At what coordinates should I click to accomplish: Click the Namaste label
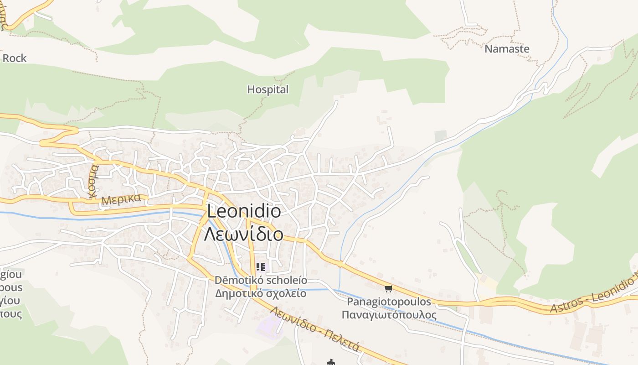pyautogui.click(x=507, y=49)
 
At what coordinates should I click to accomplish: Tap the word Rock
pyautogui.click(x=15, y=58)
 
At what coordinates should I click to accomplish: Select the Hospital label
pyautogui.click(x=268, y=89)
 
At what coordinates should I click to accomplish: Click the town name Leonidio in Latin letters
pyautogui.click(x=244, y=211)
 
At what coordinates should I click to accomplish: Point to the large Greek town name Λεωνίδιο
pyautogui.click(x=244, y=234)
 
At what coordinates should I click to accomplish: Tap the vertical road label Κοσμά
pyautogui.click(x=93, y=181)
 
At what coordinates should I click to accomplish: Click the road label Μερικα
pyautogui.click(x=121, y=200)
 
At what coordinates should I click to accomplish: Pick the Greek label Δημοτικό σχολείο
pyautogui.click(x=261, y=293)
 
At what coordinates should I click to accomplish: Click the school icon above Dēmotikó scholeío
pyautogui.click(x=261, y=267)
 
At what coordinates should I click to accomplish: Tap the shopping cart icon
pyautogui.click(x=388, y=288)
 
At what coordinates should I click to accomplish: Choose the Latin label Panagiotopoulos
pyautogui.click(x=389, y=302)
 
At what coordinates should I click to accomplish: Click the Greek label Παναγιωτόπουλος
pyautogui.click(x=389, y=315)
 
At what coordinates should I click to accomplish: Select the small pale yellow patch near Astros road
pyautogui.click(x=489, y=283)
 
